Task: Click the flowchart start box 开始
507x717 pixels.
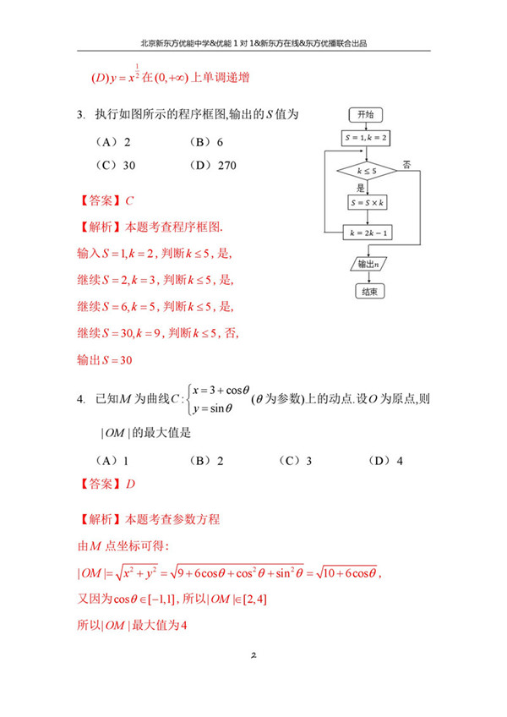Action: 366,114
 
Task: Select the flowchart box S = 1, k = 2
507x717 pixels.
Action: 366,137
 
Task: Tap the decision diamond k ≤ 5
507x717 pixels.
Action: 366,170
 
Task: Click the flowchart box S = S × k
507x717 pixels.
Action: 366,203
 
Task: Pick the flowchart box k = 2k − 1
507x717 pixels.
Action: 366,231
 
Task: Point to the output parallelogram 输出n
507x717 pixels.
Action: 366,264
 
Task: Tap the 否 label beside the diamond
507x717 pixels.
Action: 407,163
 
